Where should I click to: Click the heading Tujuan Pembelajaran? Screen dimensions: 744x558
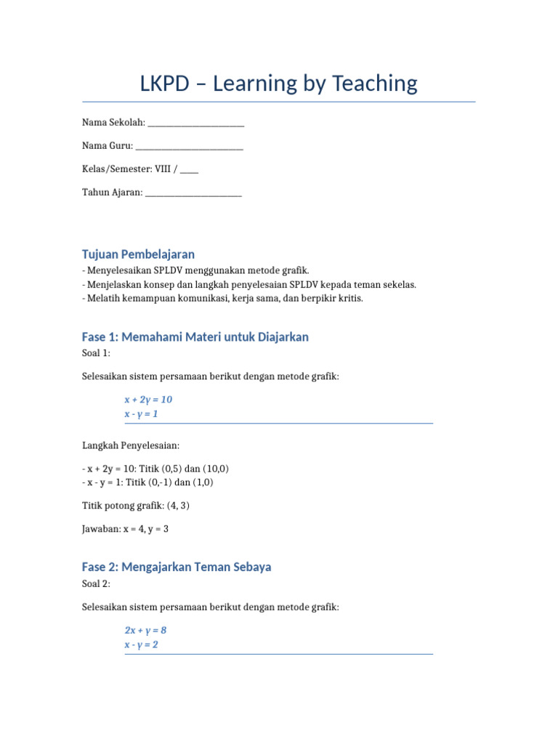[138, 254]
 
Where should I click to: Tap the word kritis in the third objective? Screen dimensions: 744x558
[348, 298]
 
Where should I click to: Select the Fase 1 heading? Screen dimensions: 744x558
[195, 337]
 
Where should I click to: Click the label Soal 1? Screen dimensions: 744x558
[96, 353]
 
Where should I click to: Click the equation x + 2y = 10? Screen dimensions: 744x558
[148, 400]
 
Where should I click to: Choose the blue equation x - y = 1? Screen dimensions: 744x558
[141, 414]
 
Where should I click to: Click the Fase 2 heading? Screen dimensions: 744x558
[177, 567]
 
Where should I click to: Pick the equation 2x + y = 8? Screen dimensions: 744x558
[145, 630]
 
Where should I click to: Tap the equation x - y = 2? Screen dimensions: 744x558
[141, 644]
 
